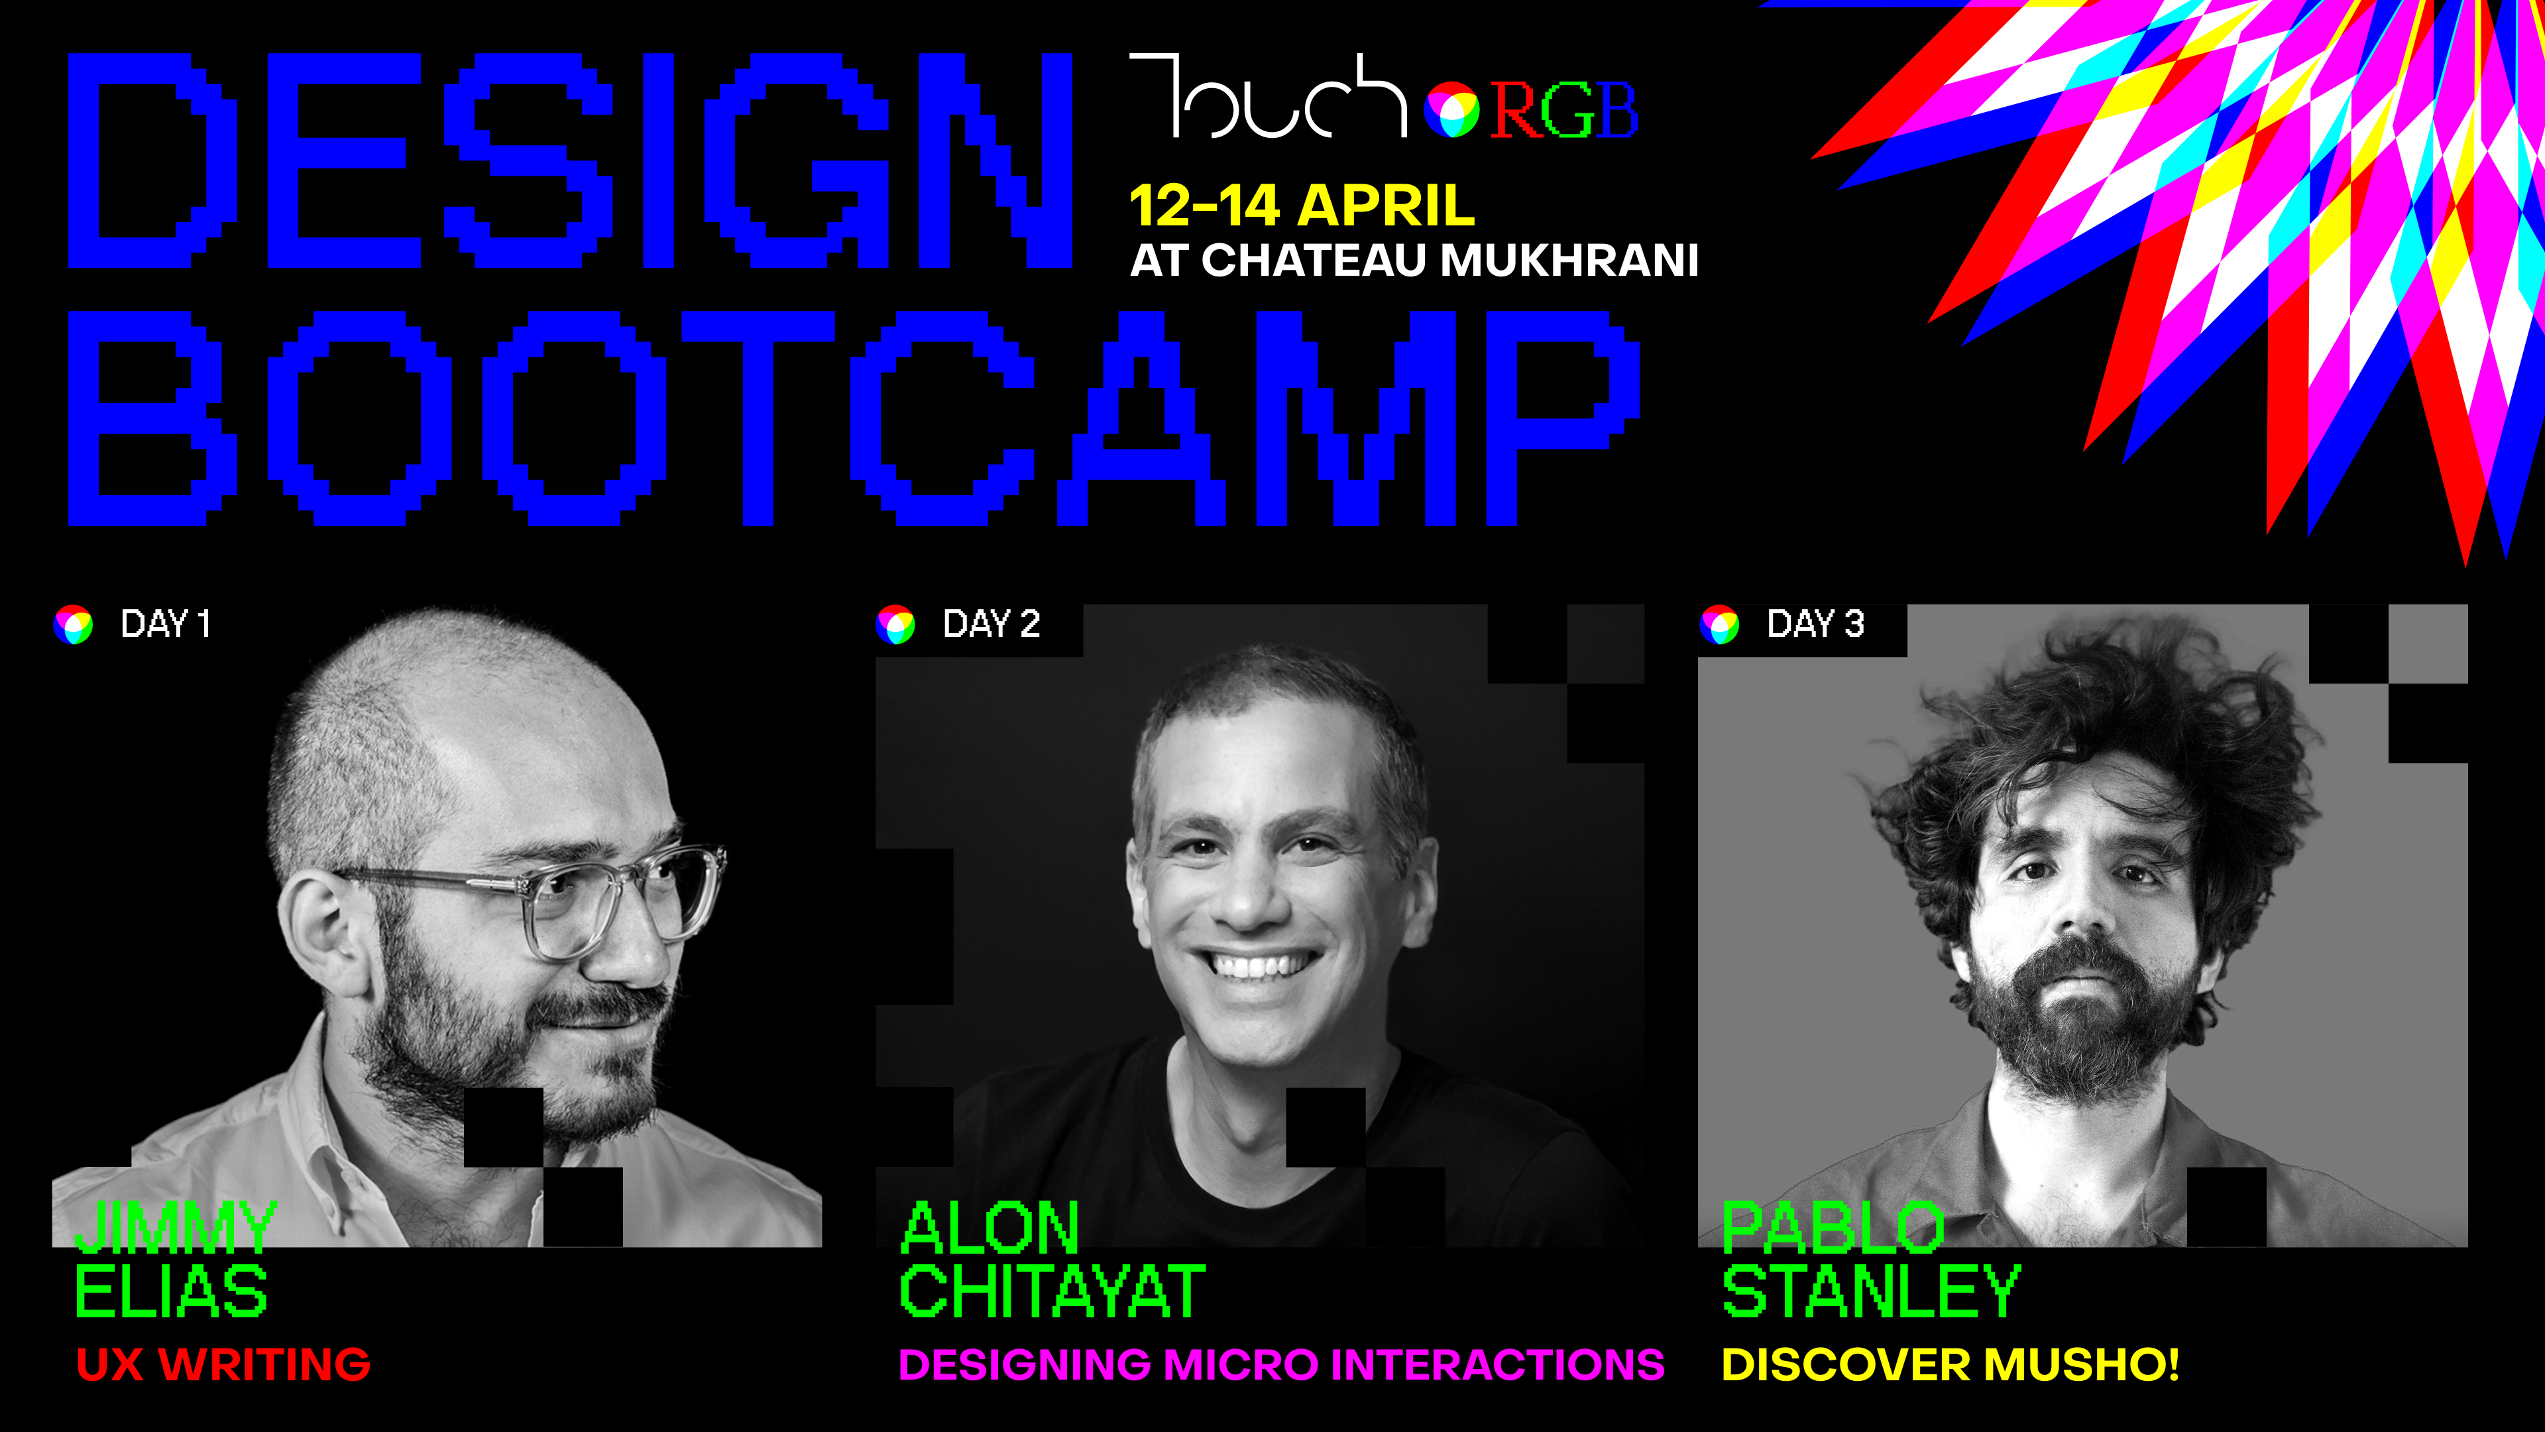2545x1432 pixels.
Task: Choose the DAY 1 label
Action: tap(165, 624)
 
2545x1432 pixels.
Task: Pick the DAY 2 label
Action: tap(991, 624)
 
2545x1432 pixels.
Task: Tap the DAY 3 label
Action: tap(1815, 624)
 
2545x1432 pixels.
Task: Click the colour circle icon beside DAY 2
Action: tap(896, 625)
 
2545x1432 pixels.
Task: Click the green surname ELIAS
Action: tap(172, 1291)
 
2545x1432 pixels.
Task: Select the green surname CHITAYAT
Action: tap(1052, 1291)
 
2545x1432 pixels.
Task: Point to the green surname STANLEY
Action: tap(1871, 1291)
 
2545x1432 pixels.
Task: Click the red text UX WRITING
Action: tap(223, 1365)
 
